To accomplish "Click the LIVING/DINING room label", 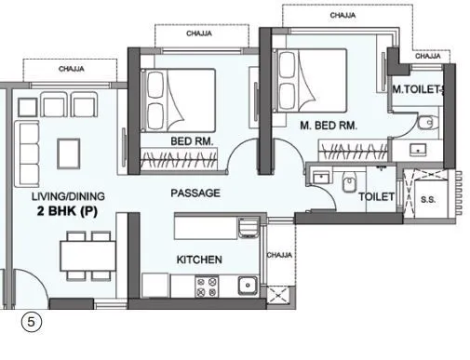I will coord(68,196).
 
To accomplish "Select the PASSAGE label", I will coord(195,193).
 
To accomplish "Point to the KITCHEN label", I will coord(198,260).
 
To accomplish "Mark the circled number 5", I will coord(32,323).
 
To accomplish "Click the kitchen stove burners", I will coord(203,287).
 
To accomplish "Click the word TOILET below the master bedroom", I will coord(377,197).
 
